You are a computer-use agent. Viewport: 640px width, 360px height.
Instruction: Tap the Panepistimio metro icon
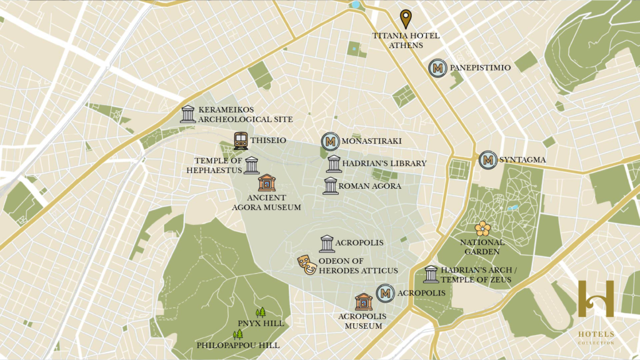(x=437, y=68)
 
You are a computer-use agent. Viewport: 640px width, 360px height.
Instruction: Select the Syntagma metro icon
(x=487, y=160)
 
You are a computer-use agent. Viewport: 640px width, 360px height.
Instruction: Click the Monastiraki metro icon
(x=330, y=141)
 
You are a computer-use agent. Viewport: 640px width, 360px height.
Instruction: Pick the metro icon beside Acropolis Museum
(x=386, y=292)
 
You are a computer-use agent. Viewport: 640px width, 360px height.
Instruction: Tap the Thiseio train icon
(x=241, y=141)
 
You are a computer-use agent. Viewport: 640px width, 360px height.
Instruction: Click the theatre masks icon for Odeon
(x=306, y=265)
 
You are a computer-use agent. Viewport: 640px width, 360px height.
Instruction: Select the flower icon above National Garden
(x=482, y=229)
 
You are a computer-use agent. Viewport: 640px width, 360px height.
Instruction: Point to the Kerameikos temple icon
(x=187, y=114)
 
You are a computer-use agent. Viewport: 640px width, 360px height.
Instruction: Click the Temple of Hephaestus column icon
(x=251, y=166)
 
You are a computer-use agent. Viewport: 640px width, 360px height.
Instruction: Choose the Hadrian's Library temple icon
(x=334, y=164)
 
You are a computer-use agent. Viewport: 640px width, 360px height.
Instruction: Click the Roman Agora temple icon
(x=331, y=186)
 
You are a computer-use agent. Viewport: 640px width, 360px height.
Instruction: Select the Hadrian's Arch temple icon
(x=431, y=274)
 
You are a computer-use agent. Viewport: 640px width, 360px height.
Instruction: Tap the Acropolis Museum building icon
(x=364, y=302)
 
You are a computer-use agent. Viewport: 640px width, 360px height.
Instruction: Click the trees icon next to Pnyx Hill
(x=261, y=312)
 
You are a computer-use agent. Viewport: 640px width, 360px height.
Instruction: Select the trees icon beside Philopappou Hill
(x=237, y=334)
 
